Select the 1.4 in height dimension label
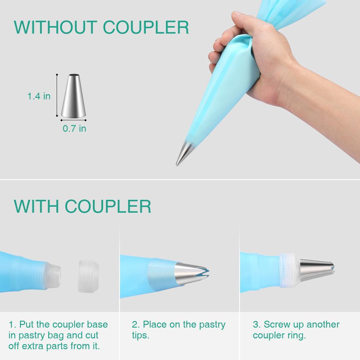39,96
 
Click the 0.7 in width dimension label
75,129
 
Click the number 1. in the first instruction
12,324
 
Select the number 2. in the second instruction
136,324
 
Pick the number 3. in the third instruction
257,324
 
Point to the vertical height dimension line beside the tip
57,95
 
